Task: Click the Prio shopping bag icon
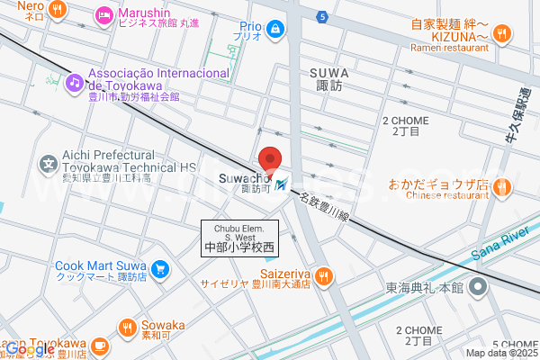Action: [274, 30]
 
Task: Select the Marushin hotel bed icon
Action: [103, 13]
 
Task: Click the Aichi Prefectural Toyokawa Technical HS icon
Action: [49, 165]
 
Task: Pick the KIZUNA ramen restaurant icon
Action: [502, 34]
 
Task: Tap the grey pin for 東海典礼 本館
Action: [479, 288]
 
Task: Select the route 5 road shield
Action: [322, 16]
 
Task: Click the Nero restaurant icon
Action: [57, 10]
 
